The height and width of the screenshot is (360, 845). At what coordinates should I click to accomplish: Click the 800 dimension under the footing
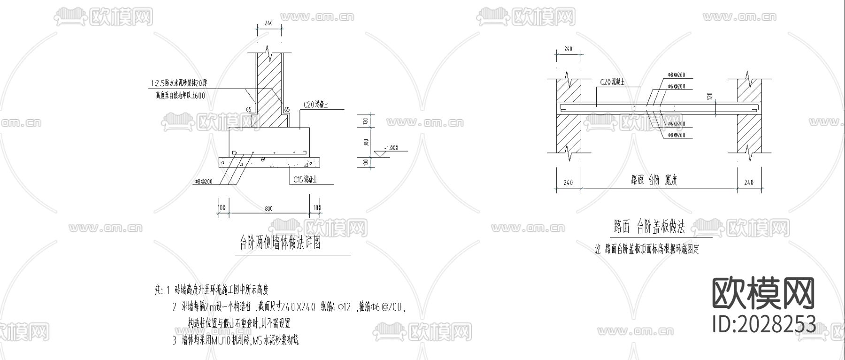268,207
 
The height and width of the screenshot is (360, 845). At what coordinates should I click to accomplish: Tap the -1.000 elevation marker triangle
380,154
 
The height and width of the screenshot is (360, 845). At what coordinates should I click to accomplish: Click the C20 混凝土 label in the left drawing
315,105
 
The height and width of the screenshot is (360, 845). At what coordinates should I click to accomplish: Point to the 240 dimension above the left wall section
269,23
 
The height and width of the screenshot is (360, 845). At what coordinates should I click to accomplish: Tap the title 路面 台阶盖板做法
649,227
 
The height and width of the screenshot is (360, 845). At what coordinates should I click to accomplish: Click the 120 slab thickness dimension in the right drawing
709,96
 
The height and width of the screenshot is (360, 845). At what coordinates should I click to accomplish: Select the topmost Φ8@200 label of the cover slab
676,75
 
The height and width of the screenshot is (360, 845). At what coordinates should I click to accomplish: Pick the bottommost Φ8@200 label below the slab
676,135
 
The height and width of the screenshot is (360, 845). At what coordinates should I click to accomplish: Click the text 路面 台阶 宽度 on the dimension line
654,180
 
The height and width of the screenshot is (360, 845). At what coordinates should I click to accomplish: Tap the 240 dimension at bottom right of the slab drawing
749,183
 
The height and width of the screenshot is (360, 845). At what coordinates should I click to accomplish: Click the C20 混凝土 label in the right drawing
612,82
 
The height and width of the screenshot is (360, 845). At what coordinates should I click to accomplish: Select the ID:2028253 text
763,323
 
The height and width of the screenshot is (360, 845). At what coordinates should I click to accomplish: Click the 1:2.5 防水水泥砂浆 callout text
179,83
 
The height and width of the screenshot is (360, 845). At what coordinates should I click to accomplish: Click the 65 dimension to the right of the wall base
287,110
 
